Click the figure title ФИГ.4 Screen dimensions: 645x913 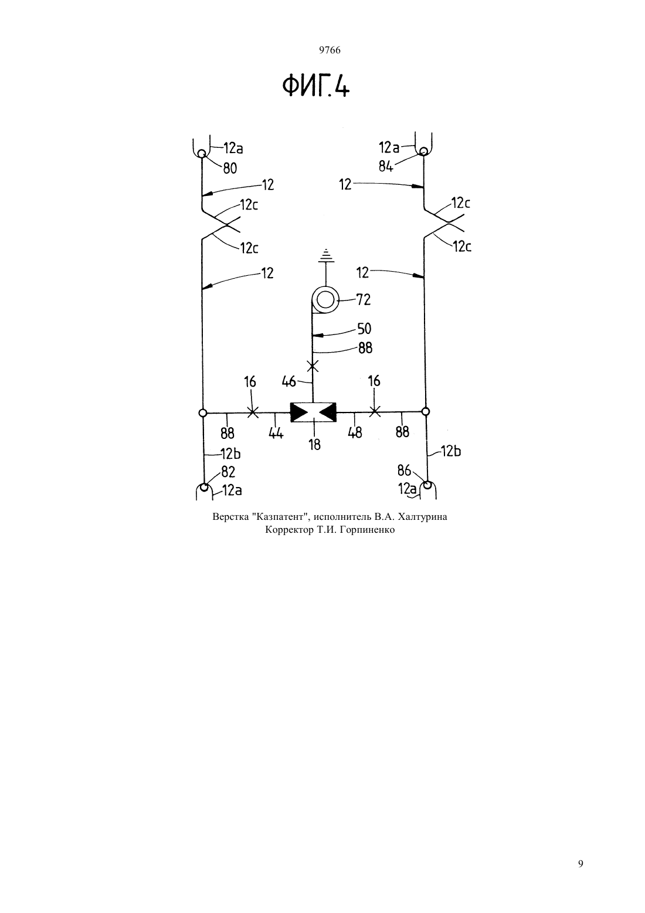click(x=316, y=86)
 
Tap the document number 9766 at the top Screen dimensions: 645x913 click(x=330, y=50)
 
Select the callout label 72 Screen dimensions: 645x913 click(x=363, y=300)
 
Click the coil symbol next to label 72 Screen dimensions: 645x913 click(x=325, y=301)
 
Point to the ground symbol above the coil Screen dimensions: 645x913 click(x=325, y=255)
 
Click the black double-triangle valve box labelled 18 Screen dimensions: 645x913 click(x=313, y=412)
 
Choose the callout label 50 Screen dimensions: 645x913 click(x=365, y=329)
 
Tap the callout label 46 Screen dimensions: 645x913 click(x=288, y=382)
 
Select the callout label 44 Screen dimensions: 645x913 click(x=276, y=433)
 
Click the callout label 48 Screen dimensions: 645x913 click(x=355, y=432)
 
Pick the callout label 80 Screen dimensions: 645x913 click(x=230, y=168)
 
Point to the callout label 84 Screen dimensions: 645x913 click(x=386, y=166)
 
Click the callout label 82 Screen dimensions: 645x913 click(x=229, y=472)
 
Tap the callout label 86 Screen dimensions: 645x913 click(x=405, y=471)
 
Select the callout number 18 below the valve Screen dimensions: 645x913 click(x=314, y=445)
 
